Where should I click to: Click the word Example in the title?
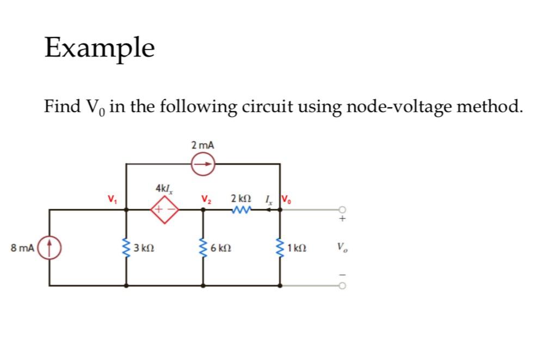tap(100, 47)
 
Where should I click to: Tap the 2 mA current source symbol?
tap(203, 163)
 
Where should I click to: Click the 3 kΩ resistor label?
tap(144, 249)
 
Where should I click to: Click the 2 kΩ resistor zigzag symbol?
tap(240, 209)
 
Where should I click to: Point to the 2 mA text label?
tap(203, 145)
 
